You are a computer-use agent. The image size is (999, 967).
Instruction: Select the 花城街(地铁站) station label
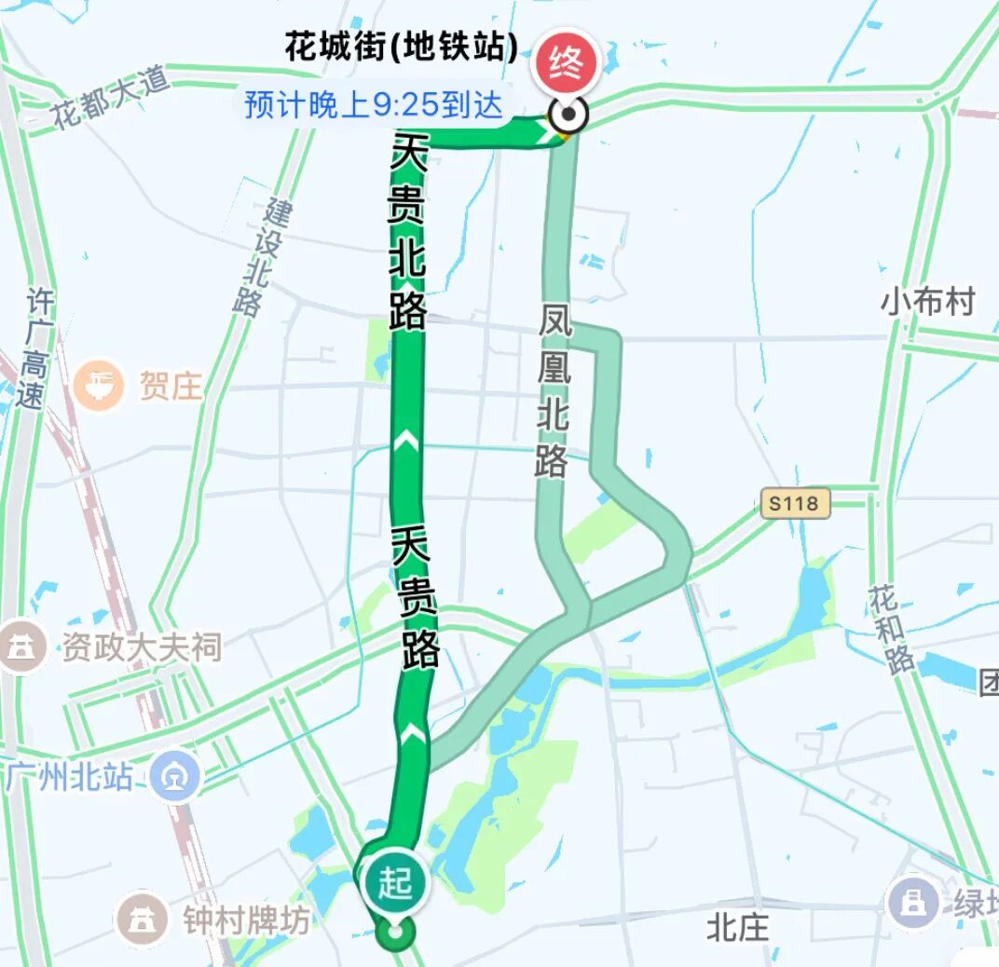[401, 48]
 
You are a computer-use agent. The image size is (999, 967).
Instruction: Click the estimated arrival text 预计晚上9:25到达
[373, 104]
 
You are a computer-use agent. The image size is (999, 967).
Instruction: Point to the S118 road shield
[794, 504]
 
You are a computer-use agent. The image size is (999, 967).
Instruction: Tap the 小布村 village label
[927, 302]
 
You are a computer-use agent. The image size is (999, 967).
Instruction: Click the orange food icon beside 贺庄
[98, 385]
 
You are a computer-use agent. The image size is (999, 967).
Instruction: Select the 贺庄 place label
[171, 385]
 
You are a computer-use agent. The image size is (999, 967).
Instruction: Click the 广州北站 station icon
[174, 776]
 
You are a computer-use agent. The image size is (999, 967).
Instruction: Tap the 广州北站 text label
[70, 777]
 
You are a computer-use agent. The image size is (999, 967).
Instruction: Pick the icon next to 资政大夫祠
[22, 647]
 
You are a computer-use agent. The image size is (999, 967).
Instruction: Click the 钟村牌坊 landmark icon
[141, 920]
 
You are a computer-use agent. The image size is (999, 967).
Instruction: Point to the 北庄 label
[736, 927]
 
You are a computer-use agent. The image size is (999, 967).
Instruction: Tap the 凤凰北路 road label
[553, 392]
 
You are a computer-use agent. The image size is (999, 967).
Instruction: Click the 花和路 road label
[892, 629]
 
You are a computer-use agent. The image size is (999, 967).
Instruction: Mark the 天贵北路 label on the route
[407, 233]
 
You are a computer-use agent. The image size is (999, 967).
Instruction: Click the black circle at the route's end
[568, 116]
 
